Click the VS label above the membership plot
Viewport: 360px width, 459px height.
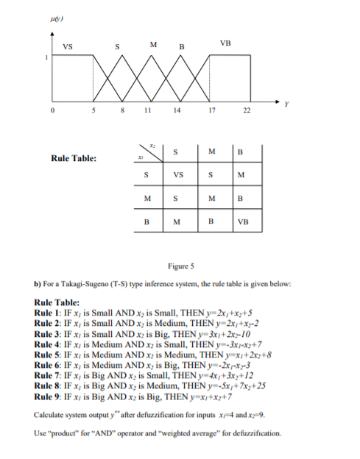click(x=68, y=49)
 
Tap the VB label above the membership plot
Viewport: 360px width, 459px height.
click(x=225, y=43)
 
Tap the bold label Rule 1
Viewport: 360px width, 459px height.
click(x=49, y=310)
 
